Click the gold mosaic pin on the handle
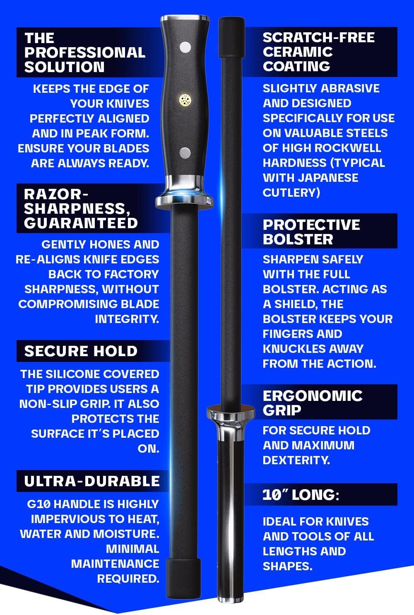pyautogui.click(x=185, y=100)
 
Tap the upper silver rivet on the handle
pyautogui.click(x=185, y=48)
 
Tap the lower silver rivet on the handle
pyautogui.click(x=185, y=153)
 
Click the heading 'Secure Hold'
pyautogui.click(x=81, y=351)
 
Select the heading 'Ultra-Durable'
pyautogui.click(x=92, y=481)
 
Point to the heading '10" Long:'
pyautogui.click(x=301, y=495)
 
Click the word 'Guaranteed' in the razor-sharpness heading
pyautogui.click(x=81, y=223)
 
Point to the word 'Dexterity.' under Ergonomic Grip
pyautogui.click(x=296, y=460)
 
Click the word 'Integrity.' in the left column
pyautogui.click(x=127, y=319)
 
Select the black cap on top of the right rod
pyautogui.click(x=231, y=37)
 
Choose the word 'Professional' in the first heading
pyautogui.click(x=85, y=53)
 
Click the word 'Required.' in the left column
pyautogui.click(x=128, y=579)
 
